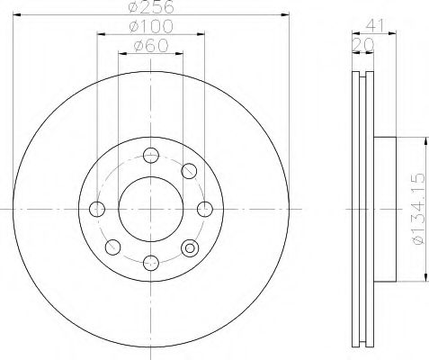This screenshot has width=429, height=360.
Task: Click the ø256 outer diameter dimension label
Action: [151, 7]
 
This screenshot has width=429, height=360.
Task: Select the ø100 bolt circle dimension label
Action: [151, 26]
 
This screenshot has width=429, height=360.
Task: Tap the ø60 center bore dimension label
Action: [151, 46]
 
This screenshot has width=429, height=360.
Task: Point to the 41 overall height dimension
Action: [375, 26]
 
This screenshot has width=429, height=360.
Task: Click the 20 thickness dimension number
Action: [363, 45]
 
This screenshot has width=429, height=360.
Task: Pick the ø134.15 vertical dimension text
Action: [419, 209]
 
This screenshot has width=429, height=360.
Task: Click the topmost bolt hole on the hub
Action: [151, 156]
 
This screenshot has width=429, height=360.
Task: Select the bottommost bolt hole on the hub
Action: [151, 263]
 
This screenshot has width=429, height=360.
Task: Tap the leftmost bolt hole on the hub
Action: [97, 209]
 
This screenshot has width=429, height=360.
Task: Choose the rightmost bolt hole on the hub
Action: [205, 209]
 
